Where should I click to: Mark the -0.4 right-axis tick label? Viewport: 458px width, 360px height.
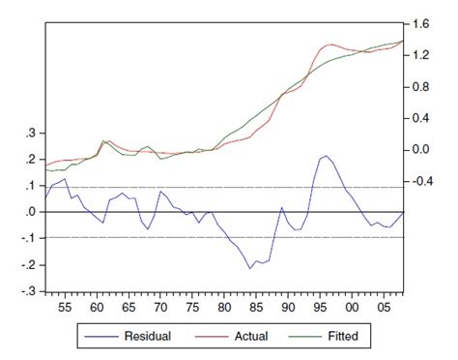419,181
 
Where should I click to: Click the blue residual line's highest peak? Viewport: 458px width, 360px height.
327,156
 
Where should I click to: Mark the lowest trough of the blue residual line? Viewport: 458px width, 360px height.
250,268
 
